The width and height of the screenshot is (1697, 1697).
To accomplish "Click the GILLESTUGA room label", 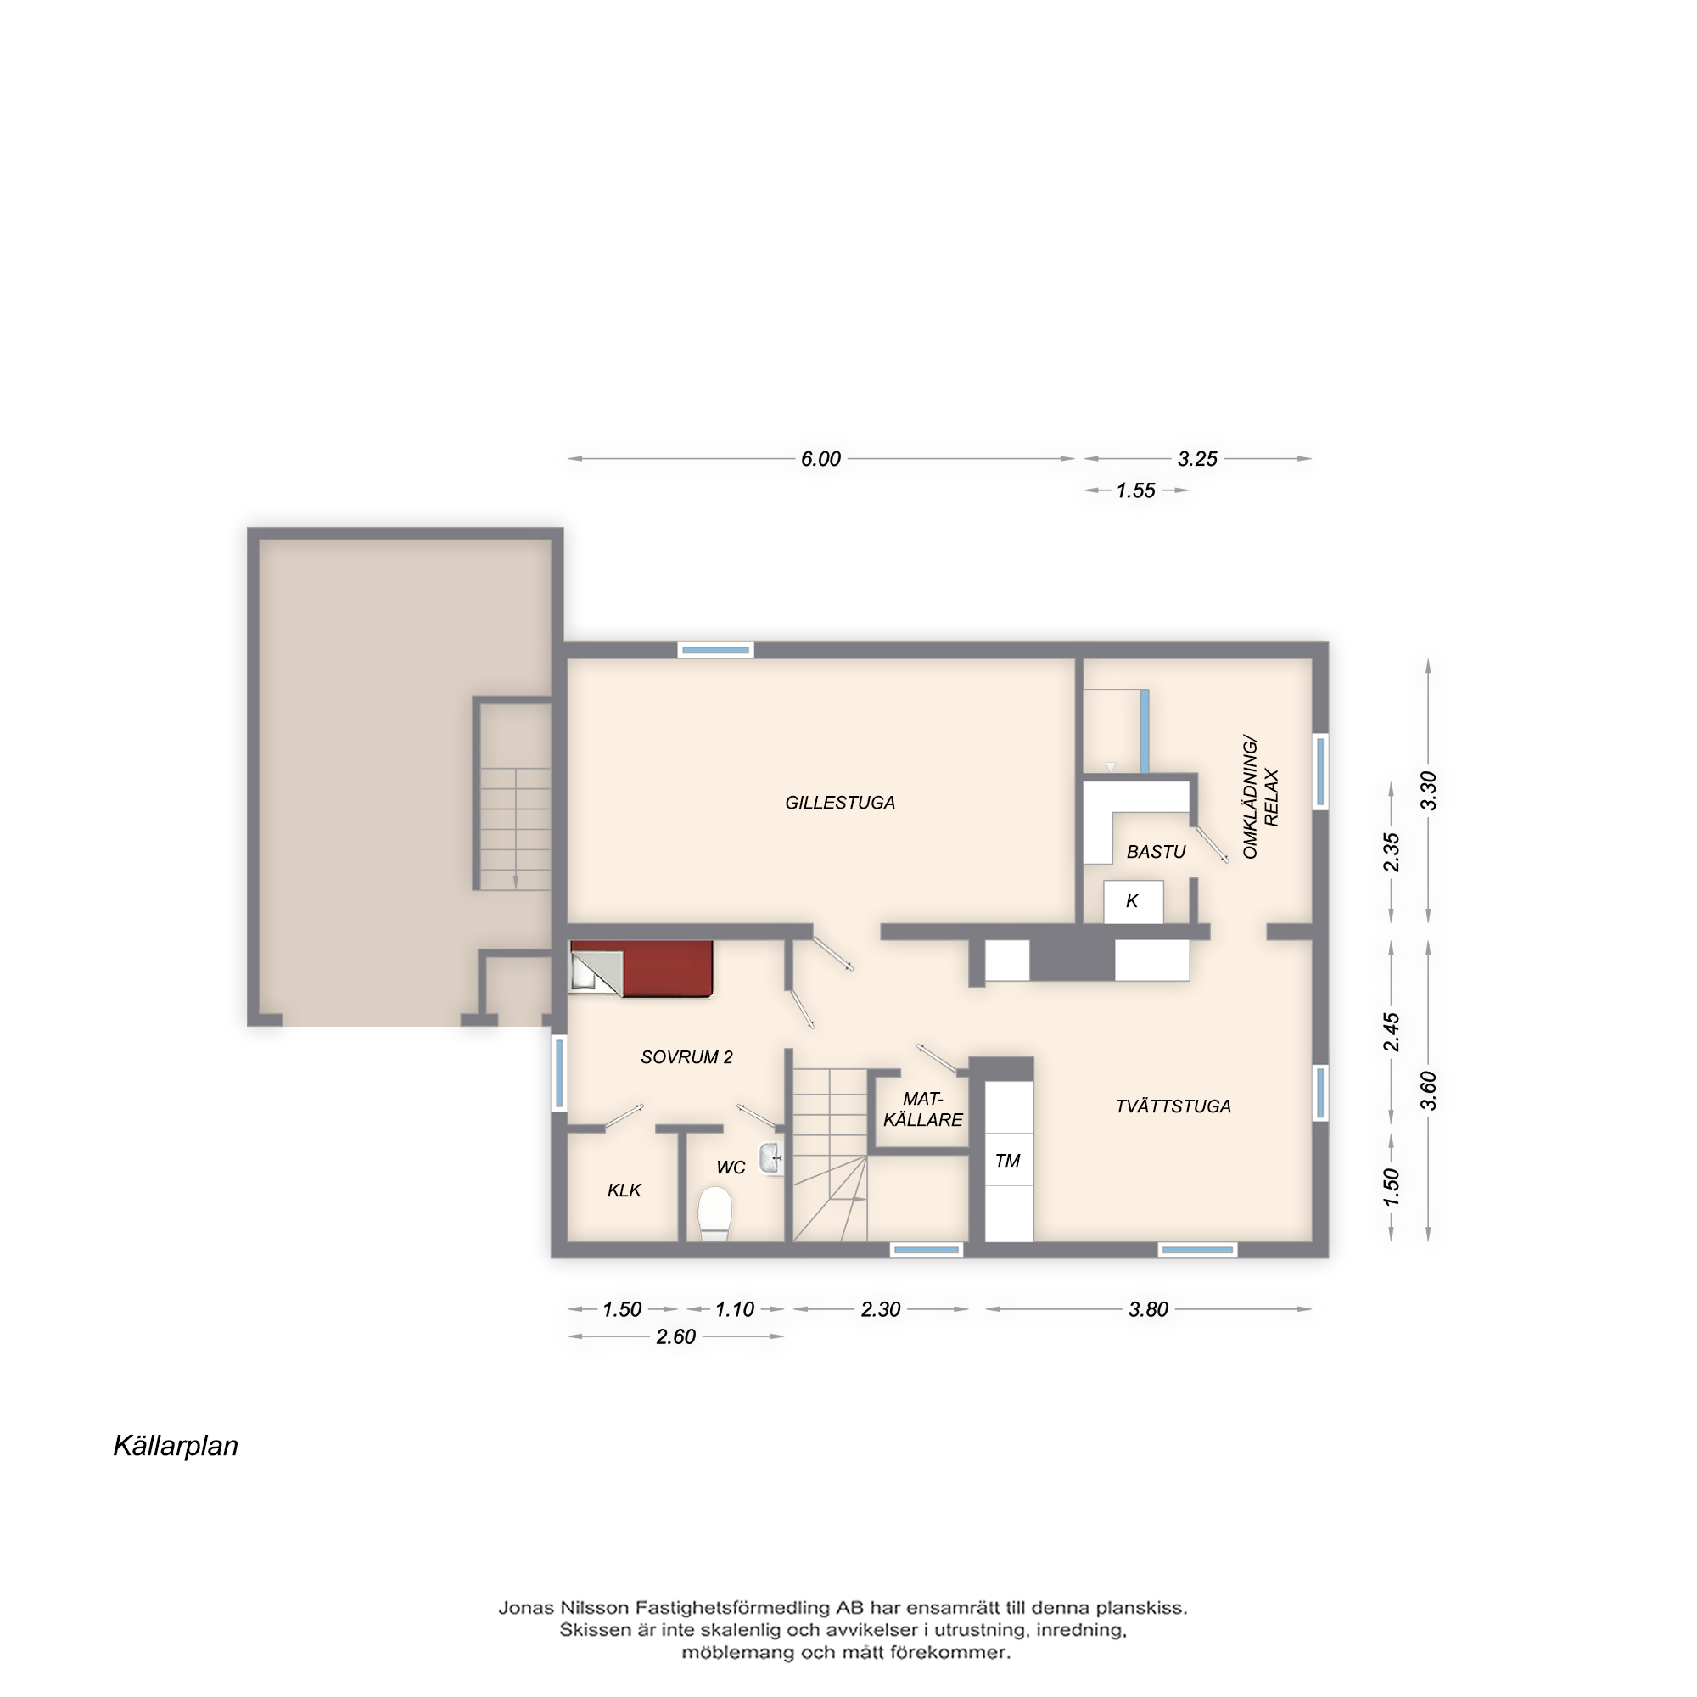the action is click(x=840, y=803).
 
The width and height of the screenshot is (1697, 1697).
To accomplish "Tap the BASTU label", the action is click(x=1156, y=852).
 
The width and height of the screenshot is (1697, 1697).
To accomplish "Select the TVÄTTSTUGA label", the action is click(x=1173, y=1106).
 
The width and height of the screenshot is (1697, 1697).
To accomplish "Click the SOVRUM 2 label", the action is click(x=686, y=1057).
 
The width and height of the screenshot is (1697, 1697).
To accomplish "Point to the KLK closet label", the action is click(x=624, y=1190).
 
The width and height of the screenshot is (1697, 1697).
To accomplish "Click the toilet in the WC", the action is click(x=714, y=1214).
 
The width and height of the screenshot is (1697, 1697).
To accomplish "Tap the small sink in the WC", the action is click(x=771, y=1159).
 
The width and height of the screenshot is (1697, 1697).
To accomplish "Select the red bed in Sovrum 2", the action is click(x=641, y=969).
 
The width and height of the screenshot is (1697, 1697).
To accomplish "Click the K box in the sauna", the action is click(x=1133, y=901).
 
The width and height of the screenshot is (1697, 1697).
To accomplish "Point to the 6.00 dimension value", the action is click(x=820, y=458).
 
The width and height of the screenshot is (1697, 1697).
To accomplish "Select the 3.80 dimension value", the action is click(x=1148, y=1309).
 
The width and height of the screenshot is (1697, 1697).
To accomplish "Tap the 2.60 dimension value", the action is click(x=675, y=1337).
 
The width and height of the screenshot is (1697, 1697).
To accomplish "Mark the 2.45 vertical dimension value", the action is click(x=1392, y=1032).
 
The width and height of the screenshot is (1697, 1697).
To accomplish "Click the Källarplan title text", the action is click(x=176, y=1446).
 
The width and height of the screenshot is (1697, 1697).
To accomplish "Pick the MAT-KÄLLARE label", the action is click(x=922, y=1109).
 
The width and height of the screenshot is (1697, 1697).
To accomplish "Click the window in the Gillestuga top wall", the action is click(x=716, y=650).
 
